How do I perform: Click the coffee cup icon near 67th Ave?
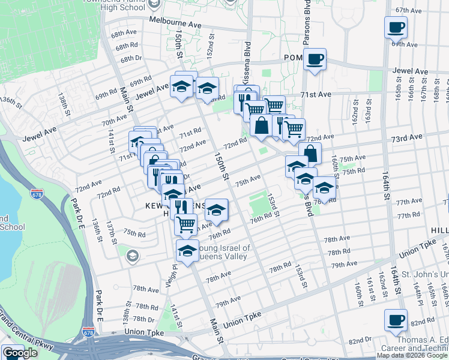396,27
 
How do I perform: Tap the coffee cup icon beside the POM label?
315,59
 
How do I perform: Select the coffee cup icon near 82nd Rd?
396,320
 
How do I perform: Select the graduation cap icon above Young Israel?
187,251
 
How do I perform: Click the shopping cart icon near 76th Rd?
185,224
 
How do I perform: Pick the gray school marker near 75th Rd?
131,256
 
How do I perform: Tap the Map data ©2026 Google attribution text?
411,355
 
